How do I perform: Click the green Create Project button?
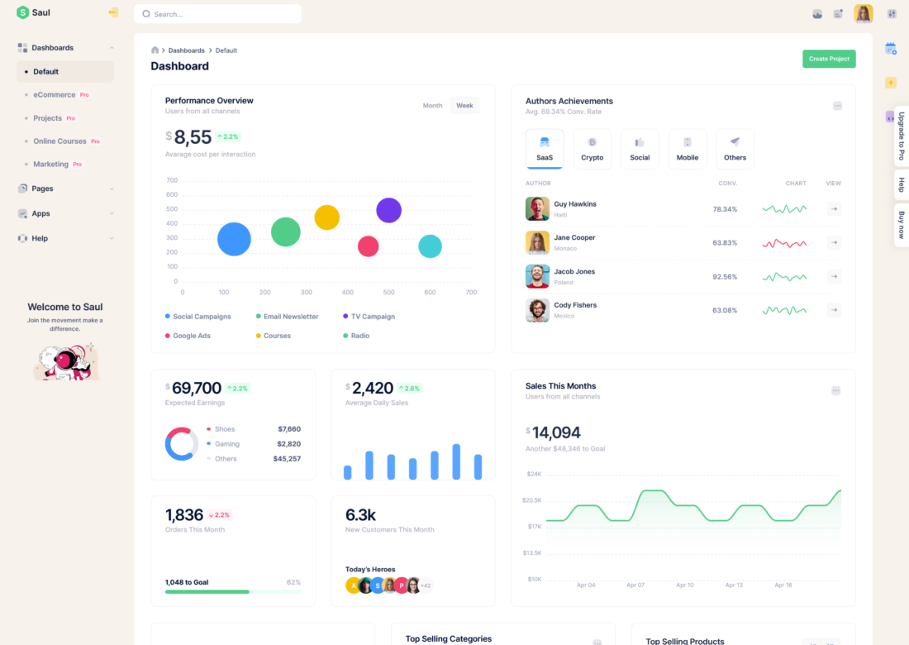pos(829,59)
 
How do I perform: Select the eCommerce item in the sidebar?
pos(55,95)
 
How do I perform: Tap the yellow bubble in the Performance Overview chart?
pos(327,217)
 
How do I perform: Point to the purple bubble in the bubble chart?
pos(388,210)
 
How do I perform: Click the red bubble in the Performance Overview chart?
pos(368,246)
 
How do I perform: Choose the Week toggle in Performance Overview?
pos(464,106)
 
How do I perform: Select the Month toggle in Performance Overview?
pos(432,106)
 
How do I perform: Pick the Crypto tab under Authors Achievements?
pos(592,149)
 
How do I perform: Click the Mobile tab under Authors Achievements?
pos(688,149)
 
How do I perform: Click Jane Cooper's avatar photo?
pos(537,242)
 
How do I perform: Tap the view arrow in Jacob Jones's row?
pos(834,276)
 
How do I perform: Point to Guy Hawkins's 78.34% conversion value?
pos(725,209)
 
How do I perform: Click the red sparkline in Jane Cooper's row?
pos(784,243)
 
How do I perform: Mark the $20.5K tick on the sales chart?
pos(531,500)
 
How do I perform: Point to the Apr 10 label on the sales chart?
pos(685,585)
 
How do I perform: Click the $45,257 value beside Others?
pos(287,459)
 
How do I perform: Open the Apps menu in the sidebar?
pos(41,213)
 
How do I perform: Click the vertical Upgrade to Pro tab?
pos(901,136)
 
